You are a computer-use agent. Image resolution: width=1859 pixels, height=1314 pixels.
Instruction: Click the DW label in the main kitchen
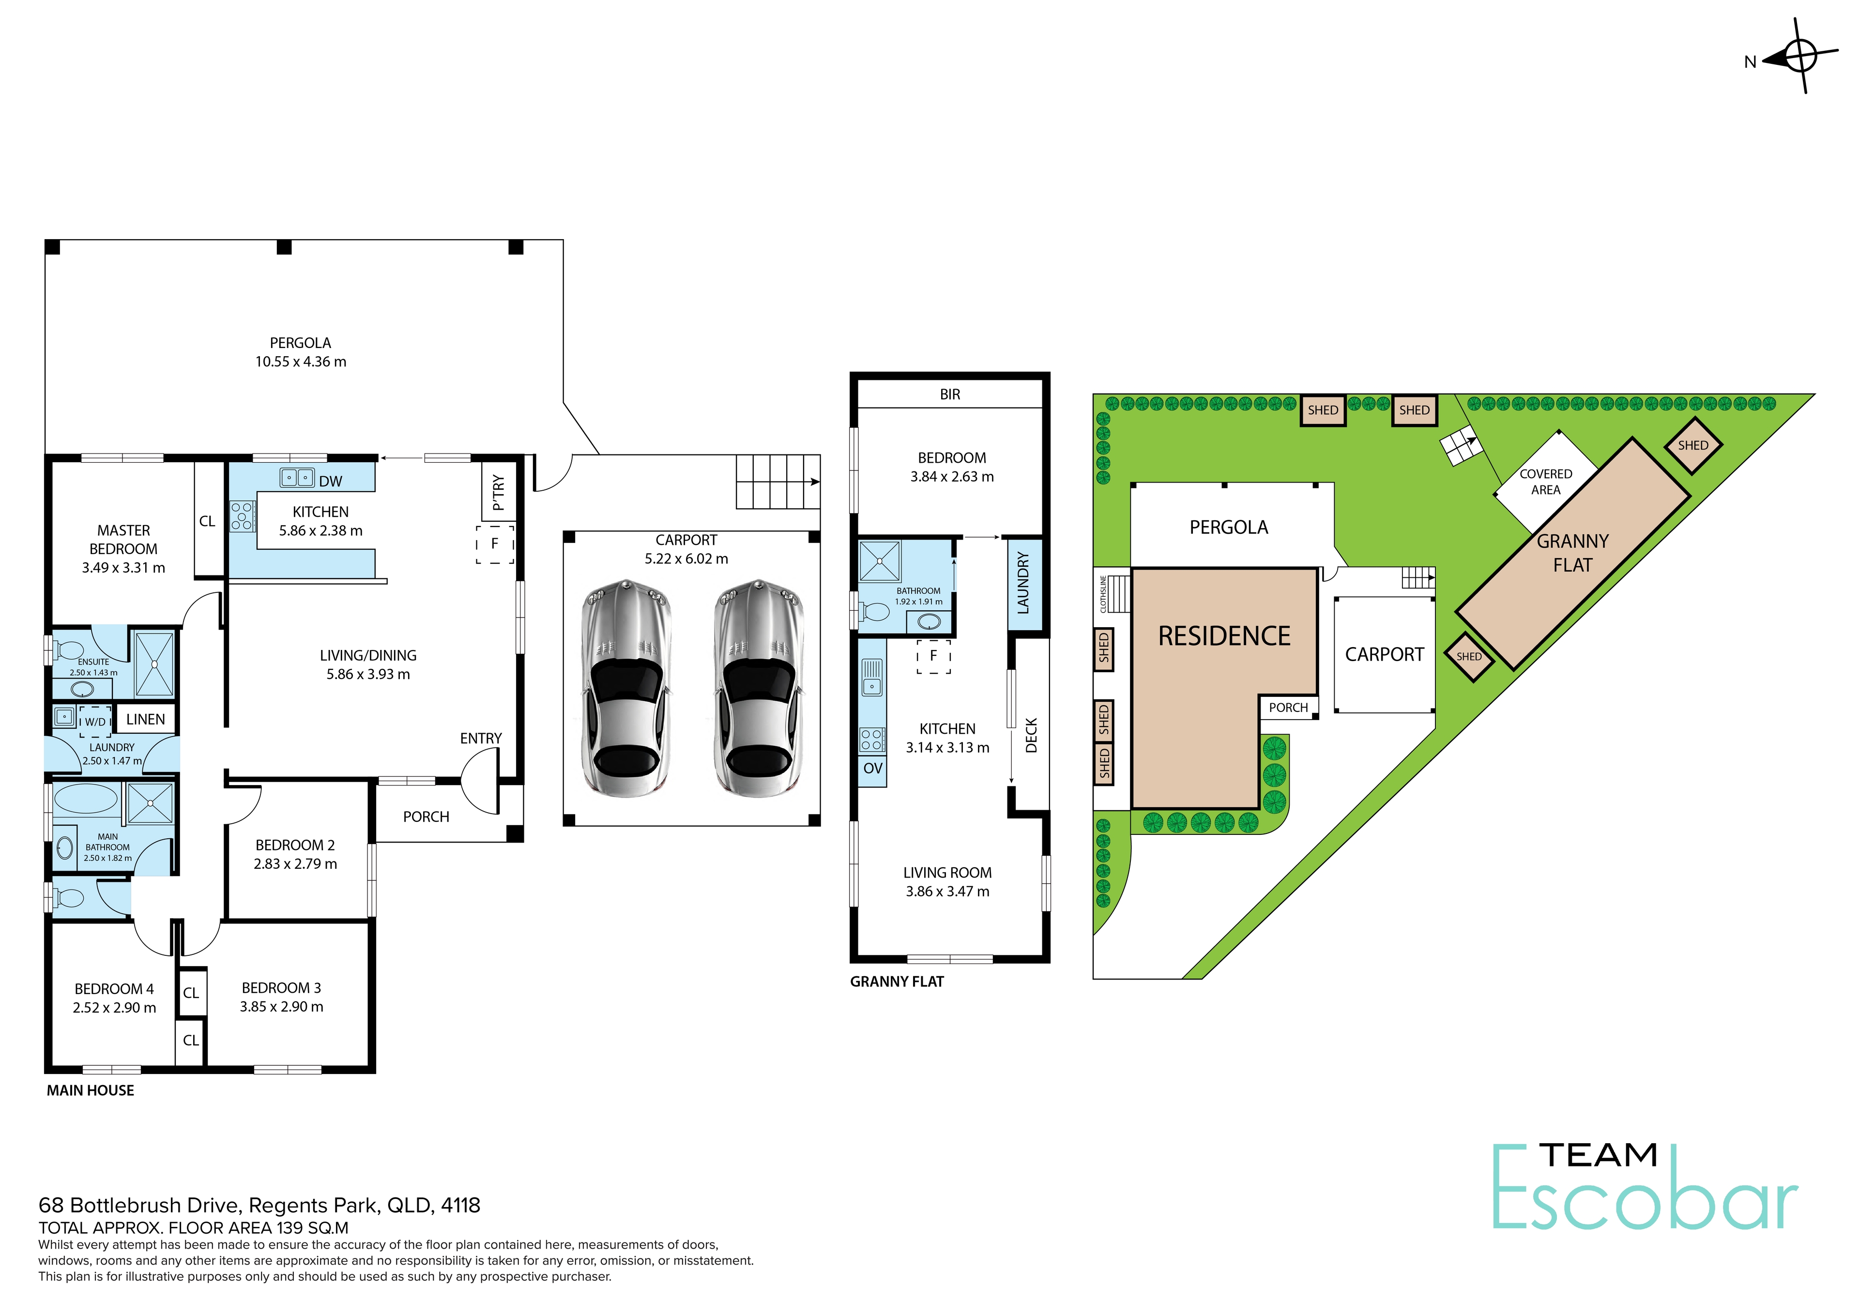point(330,482)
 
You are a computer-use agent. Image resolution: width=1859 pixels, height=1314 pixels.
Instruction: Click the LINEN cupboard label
point(146,719)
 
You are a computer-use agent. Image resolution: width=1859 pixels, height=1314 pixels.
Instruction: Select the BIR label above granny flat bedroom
point(950,394)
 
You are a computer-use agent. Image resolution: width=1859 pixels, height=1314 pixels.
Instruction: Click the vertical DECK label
point(1031,735)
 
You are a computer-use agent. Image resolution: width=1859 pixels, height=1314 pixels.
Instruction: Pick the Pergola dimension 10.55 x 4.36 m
point(300,362)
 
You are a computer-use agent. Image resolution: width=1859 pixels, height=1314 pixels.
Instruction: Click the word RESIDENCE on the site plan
point(1224,636)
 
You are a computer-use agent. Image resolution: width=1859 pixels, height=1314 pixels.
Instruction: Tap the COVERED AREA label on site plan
point(1546,482)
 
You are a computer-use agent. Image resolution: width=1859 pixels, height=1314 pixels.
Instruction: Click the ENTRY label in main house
point(481,739)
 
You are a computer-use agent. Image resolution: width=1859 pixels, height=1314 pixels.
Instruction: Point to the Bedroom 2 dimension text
point(295,864)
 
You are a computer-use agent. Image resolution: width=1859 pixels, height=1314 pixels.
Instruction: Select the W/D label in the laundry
point(95,721)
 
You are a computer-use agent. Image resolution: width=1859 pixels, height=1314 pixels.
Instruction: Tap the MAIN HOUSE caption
point(91,1090)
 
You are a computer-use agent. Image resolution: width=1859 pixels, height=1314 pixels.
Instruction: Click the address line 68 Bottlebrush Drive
point(259,1206)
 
